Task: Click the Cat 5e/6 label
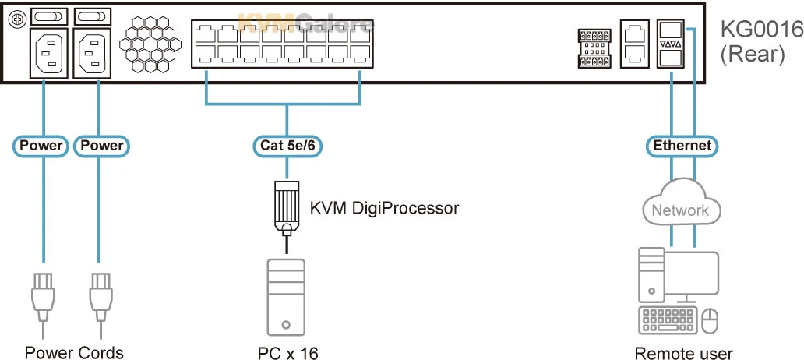click(287, 145)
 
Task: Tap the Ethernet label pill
click(682, 145)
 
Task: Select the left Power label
click(43, 145)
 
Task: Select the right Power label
click(99, 145)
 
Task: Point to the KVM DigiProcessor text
click(384, 208)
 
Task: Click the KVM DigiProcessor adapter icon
click(287, 206)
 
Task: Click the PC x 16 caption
click(287, 352)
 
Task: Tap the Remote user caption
click(683, 352)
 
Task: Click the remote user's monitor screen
click(693, 273)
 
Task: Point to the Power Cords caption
click(73, 352)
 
